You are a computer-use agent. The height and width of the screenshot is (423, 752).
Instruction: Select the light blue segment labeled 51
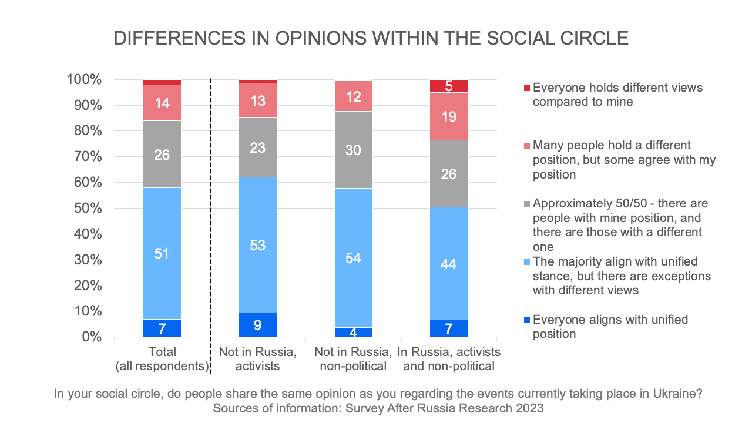(162, 254)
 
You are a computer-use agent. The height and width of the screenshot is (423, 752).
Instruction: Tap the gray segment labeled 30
(354, 150)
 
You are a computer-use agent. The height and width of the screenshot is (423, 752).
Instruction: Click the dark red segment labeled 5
(449, 86)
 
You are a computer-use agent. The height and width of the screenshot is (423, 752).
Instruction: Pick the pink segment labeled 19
(449, 116)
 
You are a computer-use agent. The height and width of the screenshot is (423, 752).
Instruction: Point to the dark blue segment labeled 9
(258, 325)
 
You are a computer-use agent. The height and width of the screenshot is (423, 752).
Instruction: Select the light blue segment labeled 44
(449, 264)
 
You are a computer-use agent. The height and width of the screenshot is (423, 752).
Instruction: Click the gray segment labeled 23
(258, 147)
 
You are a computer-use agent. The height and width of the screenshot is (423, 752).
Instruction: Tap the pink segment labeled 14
(162, 103)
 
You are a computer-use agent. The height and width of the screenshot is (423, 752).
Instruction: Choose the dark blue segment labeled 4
(354, 332)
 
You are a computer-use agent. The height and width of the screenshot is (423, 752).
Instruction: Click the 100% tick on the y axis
(86, 80)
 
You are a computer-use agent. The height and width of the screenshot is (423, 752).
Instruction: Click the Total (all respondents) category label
(162, 359)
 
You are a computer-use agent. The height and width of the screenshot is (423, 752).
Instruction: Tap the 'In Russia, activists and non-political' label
(449, 359)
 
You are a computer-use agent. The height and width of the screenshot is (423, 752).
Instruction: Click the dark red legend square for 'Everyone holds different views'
(528, 88)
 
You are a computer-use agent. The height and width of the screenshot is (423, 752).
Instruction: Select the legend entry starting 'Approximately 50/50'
(619, 225)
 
